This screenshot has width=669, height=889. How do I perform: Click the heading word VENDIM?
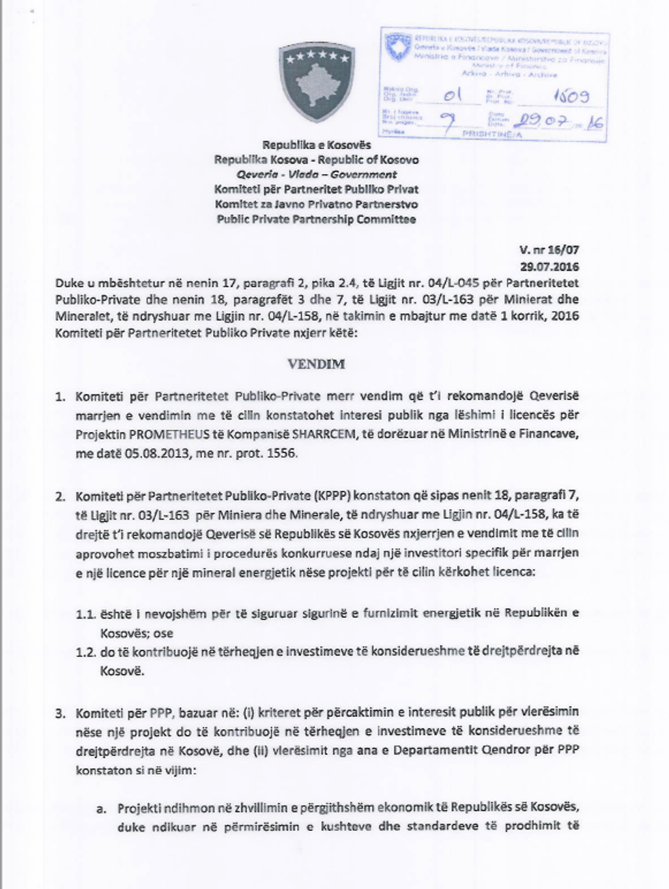(x=316, y=364)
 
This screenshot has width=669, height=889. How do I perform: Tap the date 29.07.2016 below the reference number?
(x=550, y=267)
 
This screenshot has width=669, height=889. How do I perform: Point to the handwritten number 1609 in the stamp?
(x=566, y=97)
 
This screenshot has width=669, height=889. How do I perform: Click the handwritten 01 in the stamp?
(x=453, y=96)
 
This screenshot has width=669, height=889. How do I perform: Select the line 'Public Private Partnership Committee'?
(x=316, y=219)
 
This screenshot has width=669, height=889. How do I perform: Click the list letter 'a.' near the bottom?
(x=101, y=808)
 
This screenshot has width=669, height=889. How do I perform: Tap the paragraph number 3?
(x=60, y=714)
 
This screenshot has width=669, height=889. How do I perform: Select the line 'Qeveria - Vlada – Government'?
(x=316, y=175)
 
